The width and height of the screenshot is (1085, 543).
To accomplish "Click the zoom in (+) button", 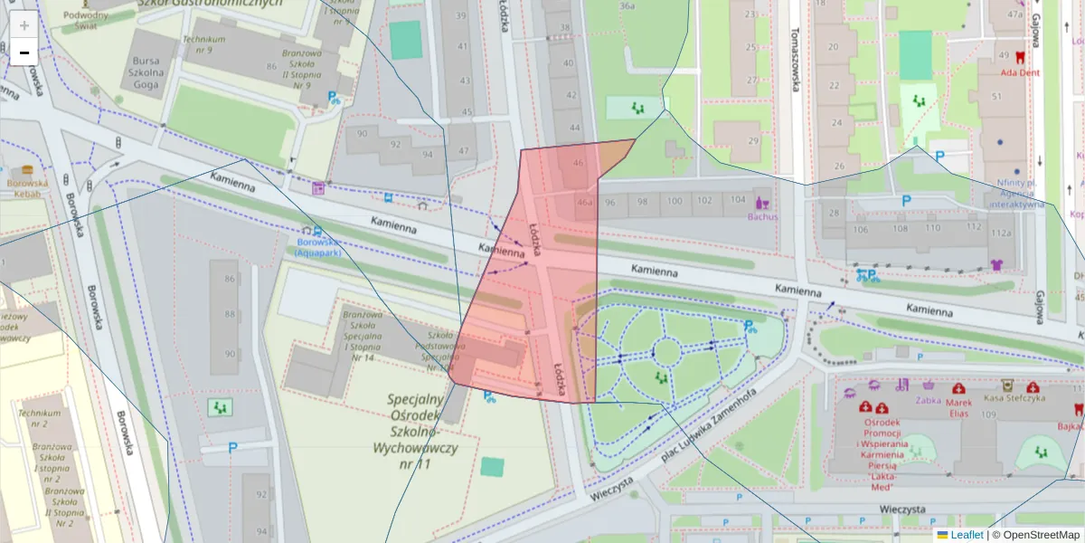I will click(x=24, y=24).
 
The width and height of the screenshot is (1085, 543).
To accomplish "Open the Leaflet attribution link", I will click(x=967, y=535).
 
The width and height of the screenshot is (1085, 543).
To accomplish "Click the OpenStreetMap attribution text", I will click(x=1035, y=535).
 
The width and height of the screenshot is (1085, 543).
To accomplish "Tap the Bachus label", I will click(x=762, y=216).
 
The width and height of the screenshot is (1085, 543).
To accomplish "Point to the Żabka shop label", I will click(x=928, y=399).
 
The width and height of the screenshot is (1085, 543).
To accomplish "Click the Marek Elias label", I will click(x=958, y=407).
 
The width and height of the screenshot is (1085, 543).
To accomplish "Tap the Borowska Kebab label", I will click(x=27, y=188).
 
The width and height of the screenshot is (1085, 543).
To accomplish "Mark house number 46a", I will click(x=586, y=203).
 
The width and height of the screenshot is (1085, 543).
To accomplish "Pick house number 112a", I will click(x=1000, y=233).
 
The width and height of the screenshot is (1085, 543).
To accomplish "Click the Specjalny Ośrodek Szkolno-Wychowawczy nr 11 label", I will click(x=414, y=432).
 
